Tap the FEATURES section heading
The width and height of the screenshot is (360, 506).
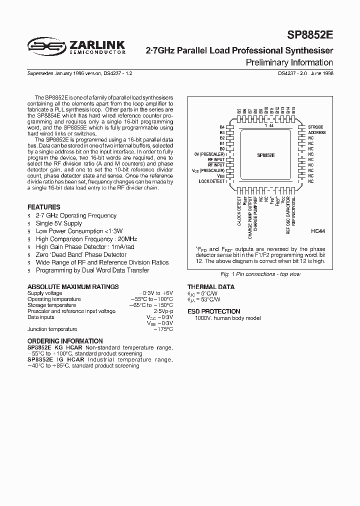coord(43,207)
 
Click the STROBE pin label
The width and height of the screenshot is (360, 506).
coord(316,127)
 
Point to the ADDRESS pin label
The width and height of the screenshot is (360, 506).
coord(317,132)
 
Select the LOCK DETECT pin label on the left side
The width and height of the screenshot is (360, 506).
coord(211,181)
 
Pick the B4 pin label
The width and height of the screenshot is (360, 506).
coord(221,127)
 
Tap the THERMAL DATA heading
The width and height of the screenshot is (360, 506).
coord(210,287)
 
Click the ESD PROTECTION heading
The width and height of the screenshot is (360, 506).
coord(213,311)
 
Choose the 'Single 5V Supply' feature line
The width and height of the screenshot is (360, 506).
coord(58,223)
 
